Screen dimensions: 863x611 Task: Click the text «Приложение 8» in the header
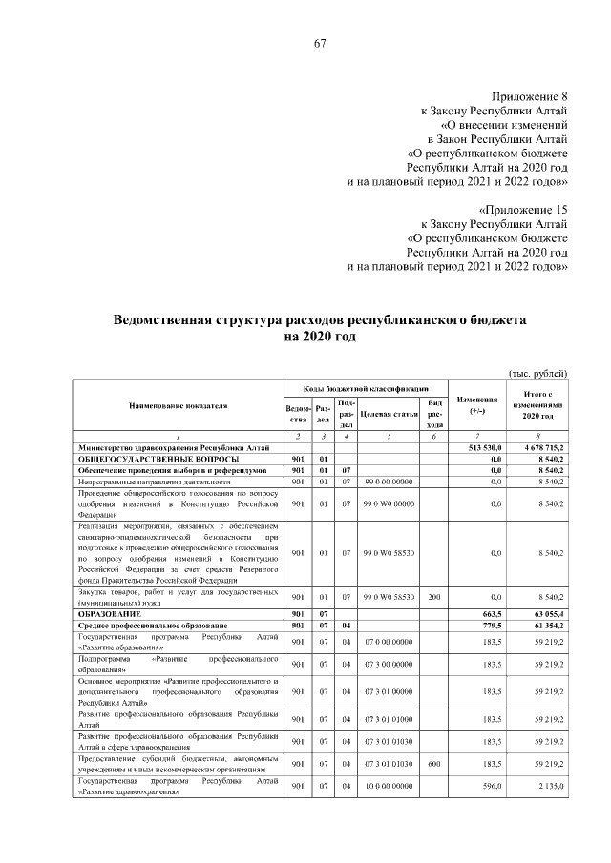point(530,96)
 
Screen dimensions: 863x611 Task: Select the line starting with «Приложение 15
point(521,209)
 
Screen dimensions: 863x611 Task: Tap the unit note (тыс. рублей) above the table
point(537,372)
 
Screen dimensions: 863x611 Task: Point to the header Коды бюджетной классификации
point(365,389)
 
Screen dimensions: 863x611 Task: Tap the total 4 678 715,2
point(543,446)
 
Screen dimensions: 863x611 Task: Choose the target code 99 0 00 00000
point(388,483)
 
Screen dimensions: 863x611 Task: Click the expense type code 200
point(434,597)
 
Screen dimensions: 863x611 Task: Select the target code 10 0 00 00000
point(388,786)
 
